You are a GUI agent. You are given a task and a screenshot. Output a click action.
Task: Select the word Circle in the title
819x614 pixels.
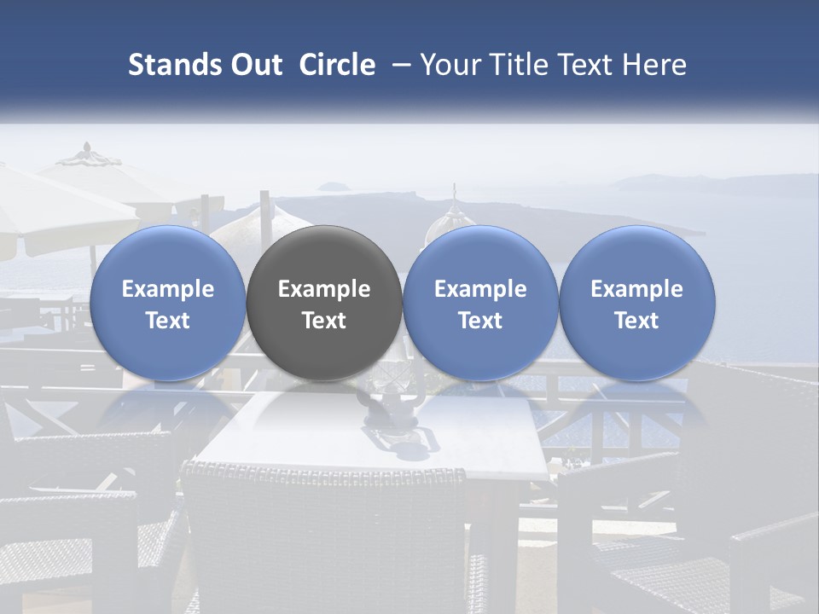pyautogui.click(x=337, y=65)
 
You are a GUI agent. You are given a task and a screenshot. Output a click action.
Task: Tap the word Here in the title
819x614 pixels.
pyautogui.click(x=654, y=65)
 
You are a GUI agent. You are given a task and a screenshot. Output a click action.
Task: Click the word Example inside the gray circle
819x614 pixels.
pyautogui.click(x=324, y=289)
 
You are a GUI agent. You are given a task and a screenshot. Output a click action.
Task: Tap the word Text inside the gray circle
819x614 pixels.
pyautogui.click(x=324, y=321)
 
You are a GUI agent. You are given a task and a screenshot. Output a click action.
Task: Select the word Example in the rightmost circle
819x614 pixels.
pyautogui.click(x=637, y=289)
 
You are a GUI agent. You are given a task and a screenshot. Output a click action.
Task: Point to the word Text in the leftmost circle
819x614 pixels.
pyautogui.click(x=168, y=321)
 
